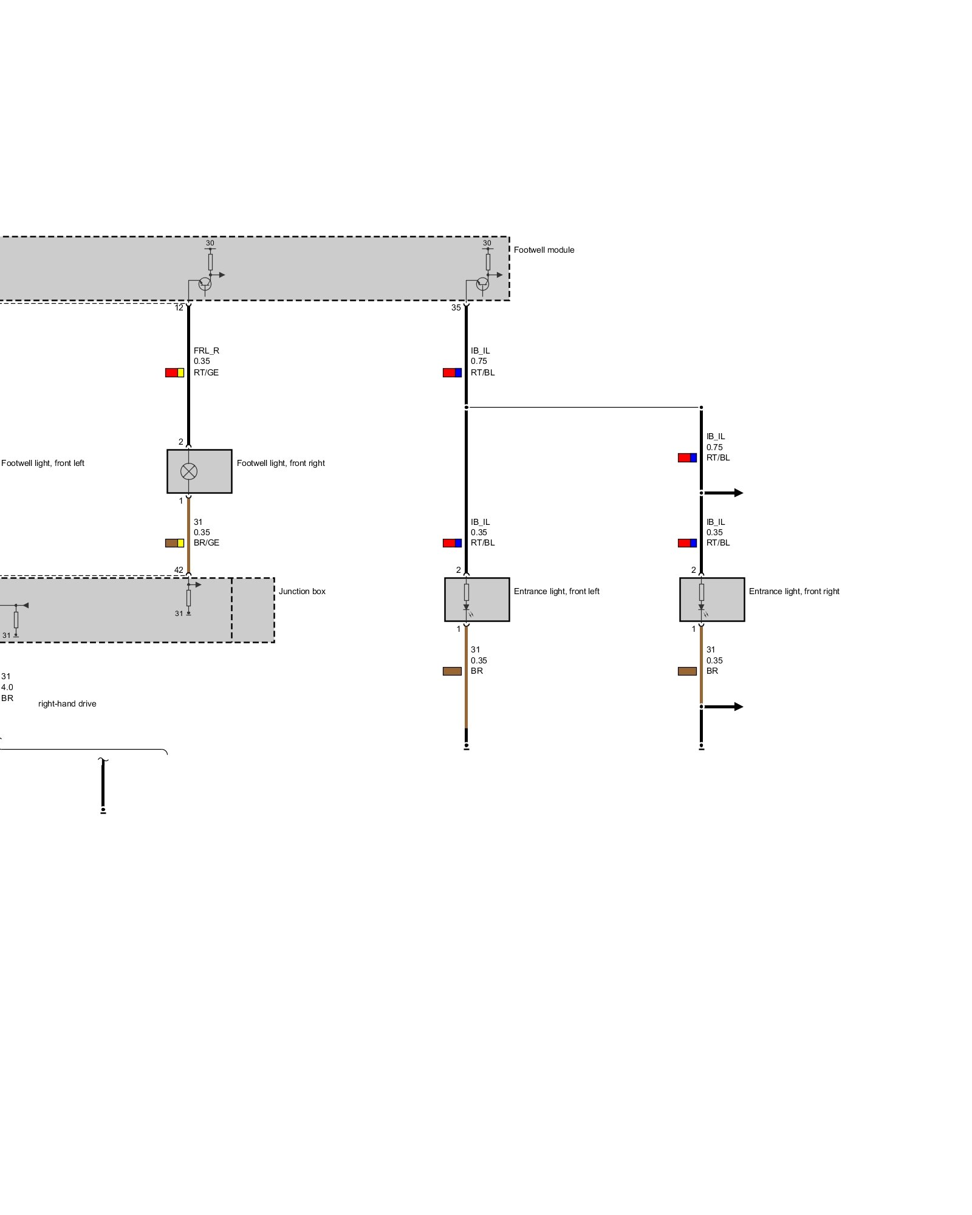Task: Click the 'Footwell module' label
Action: pos(544,250)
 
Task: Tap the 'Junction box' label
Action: pos(302,591)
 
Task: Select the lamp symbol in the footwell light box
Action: pos(189,471)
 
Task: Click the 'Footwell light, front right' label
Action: pos(281,463)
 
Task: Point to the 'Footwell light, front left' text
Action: pos(43,463)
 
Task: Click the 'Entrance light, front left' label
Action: pos(556,591)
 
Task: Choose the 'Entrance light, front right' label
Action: pos(794,591)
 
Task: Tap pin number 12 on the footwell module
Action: pos(179,307)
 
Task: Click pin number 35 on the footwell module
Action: pos(456,307)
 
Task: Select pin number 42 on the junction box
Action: pos(179,570)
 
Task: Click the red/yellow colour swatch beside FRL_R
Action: pos(174,372)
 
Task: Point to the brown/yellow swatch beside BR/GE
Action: pos(174,542)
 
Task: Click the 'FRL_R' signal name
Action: pos(207,351)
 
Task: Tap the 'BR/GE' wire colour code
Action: pos(207,542)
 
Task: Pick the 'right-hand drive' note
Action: pos(67,703)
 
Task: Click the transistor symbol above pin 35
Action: pos(482,283)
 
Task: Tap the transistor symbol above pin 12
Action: pos(205,283)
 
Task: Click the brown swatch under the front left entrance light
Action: pos(452,671)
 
